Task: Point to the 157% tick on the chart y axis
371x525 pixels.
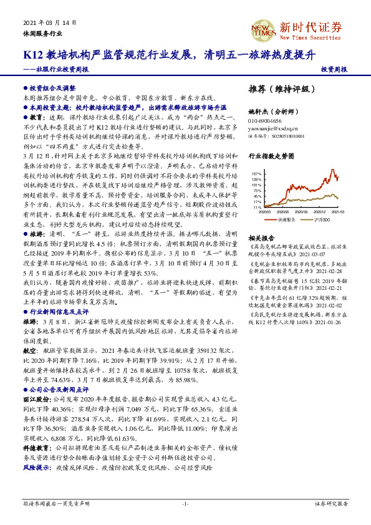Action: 256,173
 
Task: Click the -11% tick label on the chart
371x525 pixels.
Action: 256,207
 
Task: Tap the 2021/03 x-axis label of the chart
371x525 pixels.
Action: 337,212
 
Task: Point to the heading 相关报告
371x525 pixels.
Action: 260,238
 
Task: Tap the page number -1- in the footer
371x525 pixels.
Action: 185,503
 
